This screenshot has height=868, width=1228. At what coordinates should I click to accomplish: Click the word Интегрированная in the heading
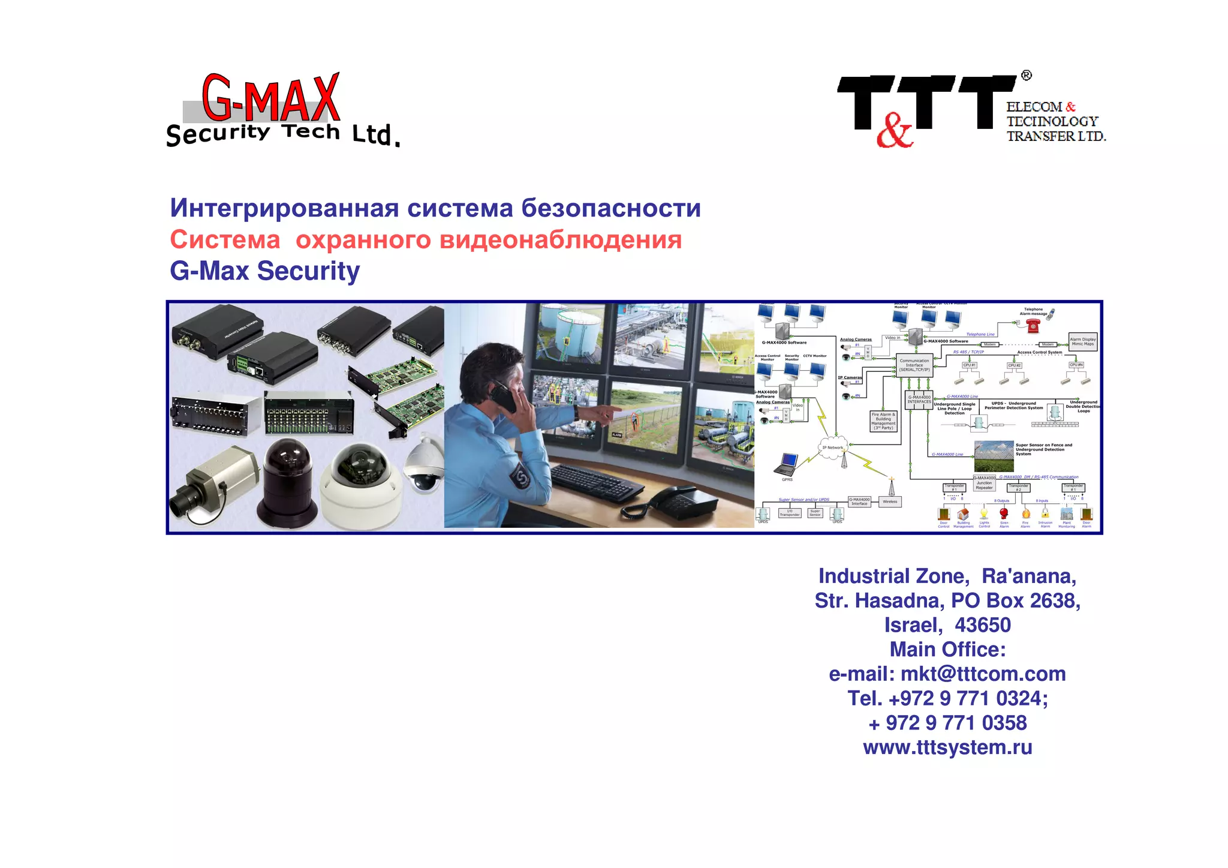pyautogui.click(x=284, y=208)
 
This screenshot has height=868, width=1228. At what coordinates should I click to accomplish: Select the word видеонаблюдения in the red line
pyautogui.click(x=561, y=240)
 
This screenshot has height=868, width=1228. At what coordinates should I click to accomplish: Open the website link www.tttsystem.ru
pyautogui.click(x=947, y=747)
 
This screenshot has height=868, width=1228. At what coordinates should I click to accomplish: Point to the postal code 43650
pyautogui.click(x=983, y=625)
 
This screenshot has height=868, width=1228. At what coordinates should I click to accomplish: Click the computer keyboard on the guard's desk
pyautogui.click(x=591, y=480)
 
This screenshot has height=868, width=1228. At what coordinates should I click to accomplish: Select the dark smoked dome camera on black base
pyautogui.click(x=288, y=480)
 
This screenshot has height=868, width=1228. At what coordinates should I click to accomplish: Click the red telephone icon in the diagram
pyautogui.click(x=1033, y=326)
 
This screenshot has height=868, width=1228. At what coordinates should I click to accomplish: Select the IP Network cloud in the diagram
pyautogui.click(x=832, y=447)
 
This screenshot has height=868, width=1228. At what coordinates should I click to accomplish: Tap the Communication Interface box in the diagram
pyautogui.click(x=914, y=365)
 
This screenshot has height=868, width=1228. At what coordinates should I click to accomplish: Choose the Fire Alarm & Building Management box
pyautogui.click(x=883, y=421)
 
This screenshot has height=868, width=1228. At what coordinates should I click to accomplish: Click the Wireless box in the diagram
pyautogui.click(x=890, y=501)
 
